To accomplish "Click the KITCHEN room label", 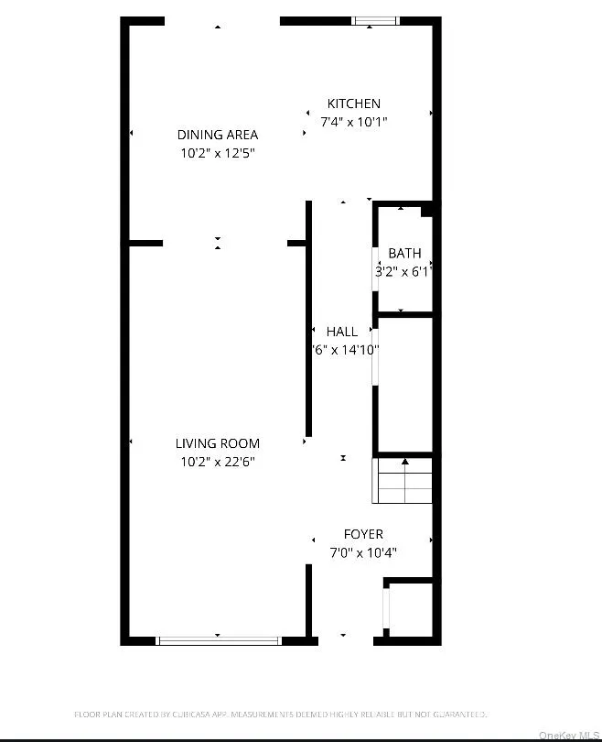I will (354, 104).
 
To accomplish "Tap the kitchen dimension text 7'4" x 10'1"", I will (354, 121).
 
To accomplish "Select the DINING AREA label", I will (218, 135).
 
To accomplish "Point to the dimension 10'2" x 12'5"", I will (218, 153).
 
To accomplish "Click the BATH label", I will (404, 253).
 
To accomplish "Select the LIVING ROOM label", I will (218, 443).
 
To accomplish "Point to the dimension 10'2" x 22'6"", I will (218, 462).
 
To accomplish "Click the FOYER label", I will (363, 534).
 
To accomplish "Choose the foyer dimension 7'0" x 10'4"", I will (363, 552).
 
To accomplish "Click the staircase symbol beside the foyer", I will (403, 481).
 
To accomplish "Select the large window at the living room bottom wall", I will (220, 639).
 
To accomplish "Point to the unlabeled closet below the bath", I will (403, 385).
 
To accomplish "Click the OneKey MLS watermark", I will (566, 735).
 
